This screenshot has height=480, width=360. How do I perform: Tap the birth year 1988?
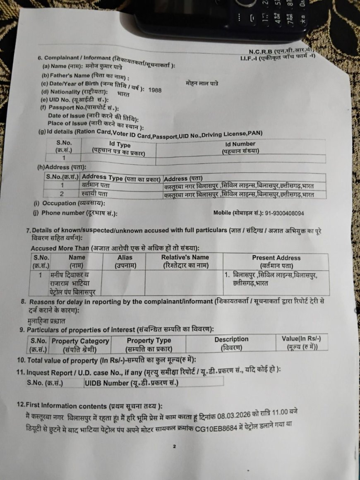155,90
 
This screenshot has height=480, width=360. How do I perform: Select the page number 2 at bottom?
175,447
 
